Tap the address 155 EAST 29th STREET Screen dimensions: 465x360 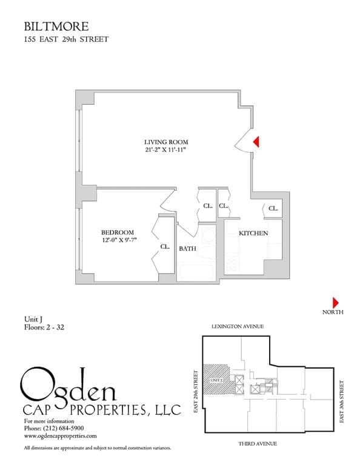tap(66, 40)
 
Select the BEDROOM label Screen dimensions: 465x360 tap(117, 232)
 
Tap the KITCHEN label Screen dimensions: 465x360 tap(253, 233)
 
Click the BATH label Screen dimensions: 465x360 tap(187, 248)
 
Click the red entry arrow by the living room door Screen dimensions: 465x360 tap(256, 142)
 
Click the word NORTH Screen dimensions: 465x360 tap(333, 312)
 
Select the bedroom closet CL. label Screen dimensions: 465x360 tap(164, 246)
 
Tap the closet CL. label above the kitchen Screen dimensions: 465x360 tap(273, 208)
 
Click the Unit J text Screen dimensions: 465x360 tap(33, 319)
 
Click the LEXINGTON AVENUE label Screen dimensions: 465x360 tap(238, 326)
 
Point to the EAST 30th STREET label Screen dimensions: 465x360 tap(342, 401)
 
